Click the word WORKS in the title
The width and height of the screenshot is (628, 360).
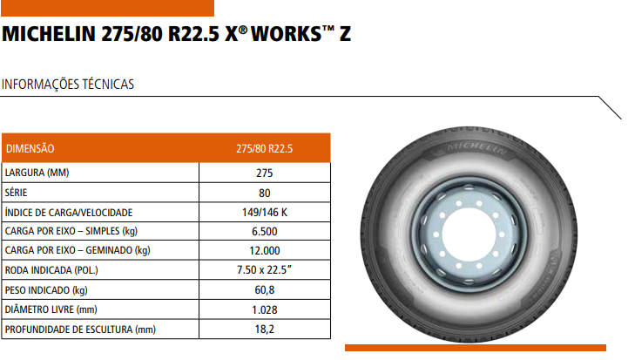coord(287,34)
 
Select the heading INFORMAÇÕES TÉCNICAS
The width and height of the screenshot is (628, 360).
coord(68,85)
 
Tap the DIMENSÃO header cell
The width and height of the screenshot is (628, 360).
coord(30,148)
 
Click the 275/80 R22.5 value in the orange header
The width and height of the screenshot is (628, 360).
coord(264,149)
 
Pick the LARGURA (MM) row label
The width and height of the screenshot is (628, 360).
coord(37,173)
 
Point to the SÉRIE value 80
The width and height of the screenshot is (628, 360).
coord(264,194)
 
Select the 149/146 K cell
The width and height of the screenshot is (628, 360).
coord(264,212)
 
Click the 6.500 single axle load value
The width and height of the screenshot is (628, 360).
coord(264,231)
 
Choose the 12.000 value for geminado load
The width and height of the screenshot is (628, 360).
coord(264,250)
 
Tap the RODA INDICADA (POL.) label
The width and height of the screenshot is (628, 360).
coord(51,270)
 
